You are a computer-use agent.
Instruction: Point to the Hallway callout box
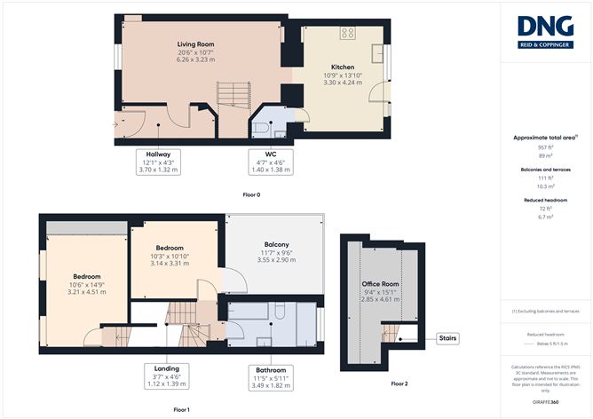pos(158,162)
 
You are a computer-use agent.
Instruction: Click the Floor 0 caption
pos(252,194)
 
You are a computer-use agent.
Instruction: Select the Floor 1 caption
pos(181,409)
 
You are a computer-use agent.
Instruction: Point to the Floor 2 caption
pos(399,383)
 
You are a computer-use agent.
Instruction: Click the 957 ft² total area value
pos(545,149)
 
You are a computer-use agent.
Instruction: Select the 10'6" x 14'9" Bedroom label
pos(86,283)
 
